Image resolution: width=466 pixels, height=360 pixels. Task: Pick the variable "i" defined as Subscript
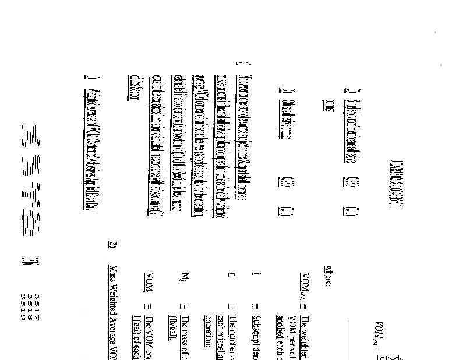click(x=255, y=273)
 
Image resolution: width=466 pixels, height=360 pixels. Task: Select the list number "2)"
click(x=113, y=245)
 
